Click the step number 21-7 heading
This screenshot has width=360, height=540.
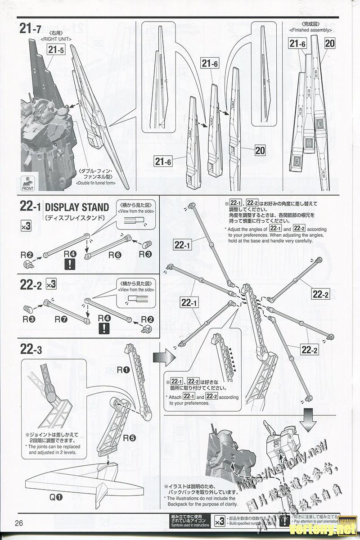(31, 29)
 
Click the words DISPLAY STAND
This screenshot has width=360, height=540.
(77, 207)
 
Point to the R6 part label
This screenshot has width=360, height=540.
(115, 255)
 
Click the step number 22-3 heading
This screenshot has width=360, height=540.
(31, 349)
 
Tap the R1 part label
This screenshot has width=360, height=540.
(123, 369)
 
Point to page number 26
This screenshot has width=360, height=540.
(19, 523)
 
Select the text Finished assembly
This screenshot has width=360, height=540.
(311, 30)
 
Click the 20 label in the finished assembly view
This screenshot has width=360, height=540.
(330, 43)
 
